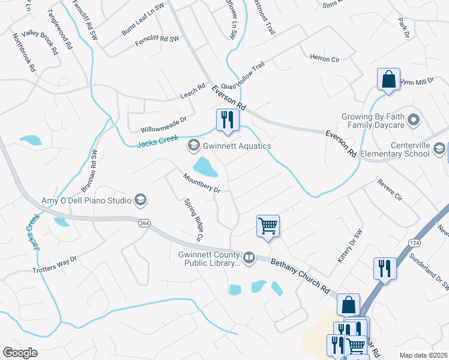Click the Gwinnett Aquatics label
[x=237, y=146]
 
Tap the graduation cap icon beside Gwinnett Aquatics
[x=194, y=145]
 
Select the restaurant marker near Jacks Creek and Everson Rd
[x=228, y=119]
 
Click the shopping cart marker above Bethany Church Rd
[x=268, y=226]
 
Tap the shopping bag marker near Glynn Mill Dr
[x=388, y=79]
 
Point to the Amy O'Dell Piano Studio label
[x=86, y=200]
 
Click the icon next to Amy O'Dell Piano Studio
[x=140, y=200]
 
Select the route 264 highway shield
[x=143, y=223]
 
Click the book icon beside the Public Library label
[x=249, y=258]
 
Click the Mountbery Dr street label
[x=202, y=183]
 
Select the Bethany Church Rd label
[x=301, y=275]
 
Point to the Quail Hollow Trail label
[x=243, y=78]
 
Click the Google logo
[x=20, y=353]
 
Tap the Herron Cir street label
[x=325, y=59]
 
